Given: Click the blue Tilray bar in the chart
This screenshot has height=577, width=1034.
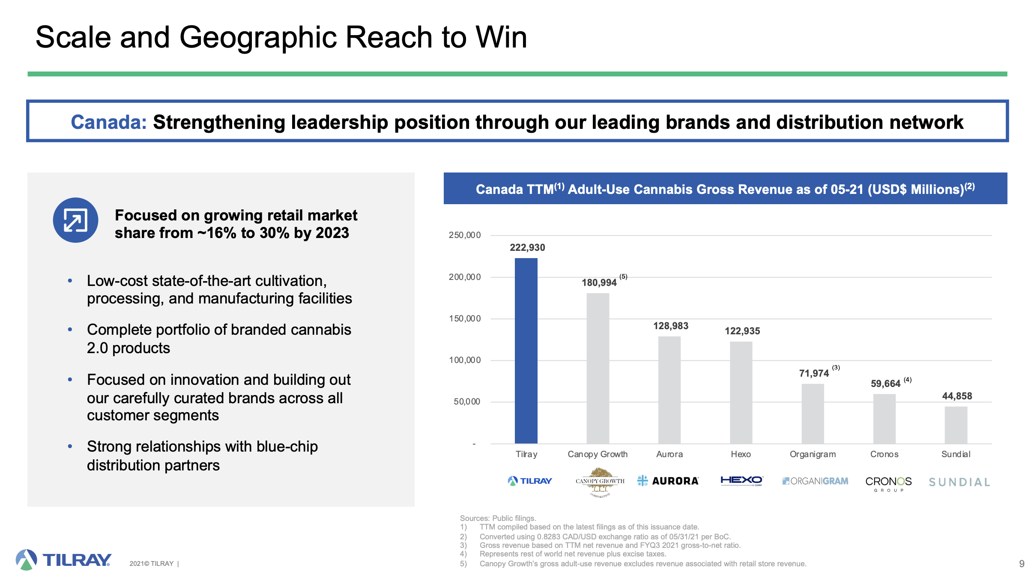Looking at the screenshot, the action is [526, 351].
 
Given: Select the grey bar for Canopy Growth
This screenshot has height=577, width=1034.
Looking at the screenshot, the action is [598, 368].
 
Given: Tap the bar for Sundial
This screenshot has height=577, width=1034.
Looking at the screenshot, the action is [956, 425].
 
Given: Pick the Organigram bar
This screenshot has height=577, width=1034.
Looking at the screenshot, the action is [813, 413].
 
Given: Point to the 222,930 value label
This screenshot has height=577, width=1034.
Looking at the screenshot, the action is [527, 247].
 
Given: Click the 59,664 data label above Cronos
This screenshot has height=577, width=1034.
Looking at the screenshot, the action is [885, 384].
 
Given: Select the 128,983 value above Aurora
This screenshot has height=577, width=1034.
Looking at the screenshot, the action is [671, 326].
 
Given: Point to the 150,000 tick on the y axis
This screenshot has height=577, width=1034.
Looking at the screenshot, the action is [465, 318].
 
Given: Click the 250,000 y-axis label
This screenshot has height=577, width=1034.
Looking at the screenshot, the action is [465, 235].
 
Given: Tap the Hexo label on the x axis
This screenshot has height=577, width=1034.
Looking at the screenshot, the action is [741, 454].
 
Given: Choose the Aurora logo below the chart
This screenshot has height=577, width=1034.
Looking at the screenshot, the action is [668, 481].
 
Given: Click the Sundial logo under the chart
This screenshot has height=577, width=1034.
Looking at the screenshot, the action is [959, 482].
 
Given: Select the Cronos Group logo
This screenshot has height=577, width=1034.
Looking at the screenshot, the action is [888, 484].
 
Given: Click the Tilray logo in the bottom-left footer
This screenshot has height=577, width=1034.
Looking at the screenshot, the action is [63, 559].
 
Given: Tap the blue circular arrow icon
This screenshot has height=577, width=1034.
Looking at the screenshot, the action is [75, 220].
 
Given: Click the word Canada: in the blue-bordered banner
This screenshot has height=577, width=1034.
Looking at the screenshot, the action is [109, 122].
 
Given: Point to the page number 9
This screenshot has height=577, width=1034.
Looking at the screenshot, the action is [1022, 564].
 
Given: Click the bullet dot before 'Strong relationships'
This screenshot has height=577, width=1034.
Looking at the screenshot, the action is [70, 446].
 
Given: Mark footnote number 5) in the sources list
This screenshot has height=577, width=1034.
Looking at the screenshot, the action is [463, 564].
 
